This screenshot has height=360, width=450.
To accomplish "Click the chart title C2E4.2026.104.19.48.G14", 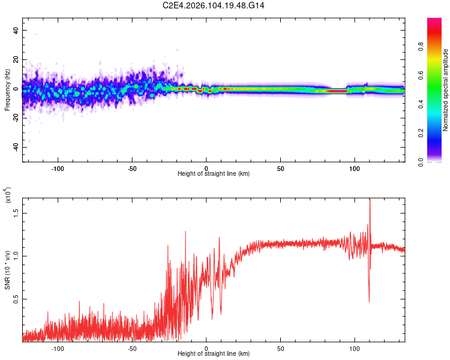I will [x=214, y=5].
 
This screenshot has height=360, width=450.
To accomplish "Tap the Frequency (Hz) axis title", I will [x=7, y=89].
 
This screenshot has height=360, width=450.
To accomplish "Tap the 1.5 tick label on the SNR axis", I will [x=16, y=212].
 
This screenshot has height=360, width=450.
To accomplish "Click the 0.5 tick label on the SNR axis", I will [x=16, y=299].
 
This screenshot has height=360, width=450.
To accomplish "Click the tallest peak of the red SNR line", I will [x=370, y=199].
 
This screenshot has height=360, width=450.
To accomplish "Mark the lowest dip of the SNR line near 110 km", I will [x=369, y=302].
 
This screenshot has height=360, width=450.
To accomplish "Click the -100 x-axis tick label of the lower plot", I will [x=58, y=349].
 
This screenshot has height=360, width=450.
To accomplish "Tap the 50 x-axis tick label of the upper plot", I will [x=280, y=169].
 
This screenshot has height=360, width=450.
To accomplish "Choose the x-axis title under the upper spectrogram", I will [x=214, y=174].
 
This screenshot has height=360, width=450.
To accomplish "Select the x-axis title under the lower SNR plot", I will [x=214, y=355].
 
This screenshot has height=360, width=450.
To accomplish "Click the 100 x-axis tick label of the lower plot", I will [x=355, y=349].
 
